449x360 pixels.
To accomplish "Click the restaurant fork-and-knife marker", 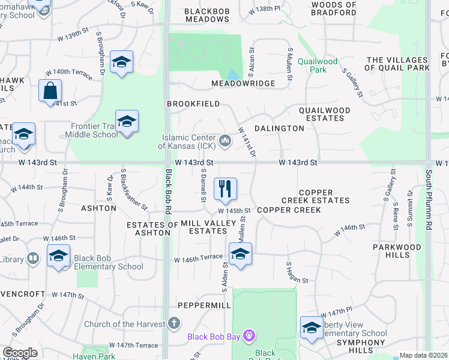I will pyautogui.click(x=225, y=189).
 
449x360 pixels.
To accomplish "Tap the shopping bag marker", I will pyautogui.click(x=50, y=91).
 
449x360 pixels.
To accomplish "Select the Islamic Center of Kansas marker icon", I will pyautogui.click(x=226, y=141).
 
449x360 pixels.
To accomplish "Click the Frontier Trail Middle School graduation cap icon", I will pyautogui.click(x=127, y=122).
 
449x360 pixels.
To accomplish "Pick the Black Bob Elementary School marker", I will pyautogui.click(x=58, y=256).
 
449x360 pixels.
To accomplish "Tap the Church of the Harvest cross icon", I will pyautogui.click(x=174, y=324).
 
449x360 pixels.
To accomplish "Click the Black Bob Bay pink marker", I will pyautogui.click(x=249, y=336).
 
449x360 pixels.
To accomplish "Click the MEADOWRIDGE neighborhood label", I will pyautogui.click(x=243, y=83).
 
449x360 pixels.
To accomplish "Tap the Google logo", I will pyautogui.click(x=20, y=353).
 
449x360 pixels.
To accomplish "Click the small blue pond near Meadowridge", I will pyautogui.click(x=234, y=75).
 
